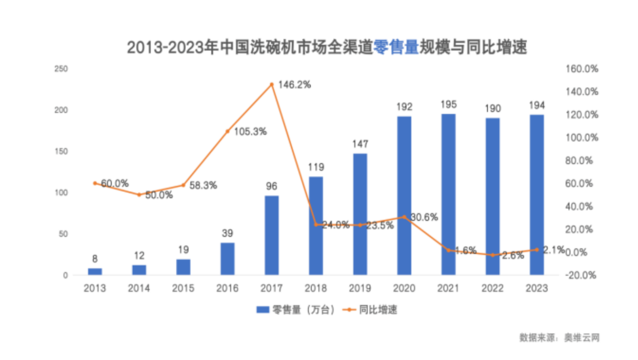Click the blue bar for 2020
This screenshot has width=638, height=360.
[x=404, y=196]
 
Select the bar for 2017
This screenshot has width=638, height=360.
[x=271, y=235]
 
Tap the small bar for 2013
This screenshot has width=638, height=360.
[x=95, y=272]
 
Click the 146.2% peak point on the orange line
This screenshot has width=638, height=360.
[x=271, y=84]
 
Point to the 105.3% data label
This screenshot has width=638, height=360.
[x=250, y=132]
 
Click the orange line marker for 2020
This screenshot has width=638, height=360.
[x=404, y=217]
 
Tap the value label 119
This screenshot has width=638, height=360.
[x=316, y=167]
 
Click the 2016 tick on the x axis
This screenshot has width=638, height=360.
[x=227, y=288]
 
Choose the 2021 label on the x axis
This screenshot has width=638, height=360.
[x=449, y=288]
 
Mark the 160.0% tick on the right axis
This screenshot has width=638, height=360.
[x=581, y=69]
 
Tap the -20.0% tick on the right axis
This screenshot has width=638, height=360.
[x=581, y=276]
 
